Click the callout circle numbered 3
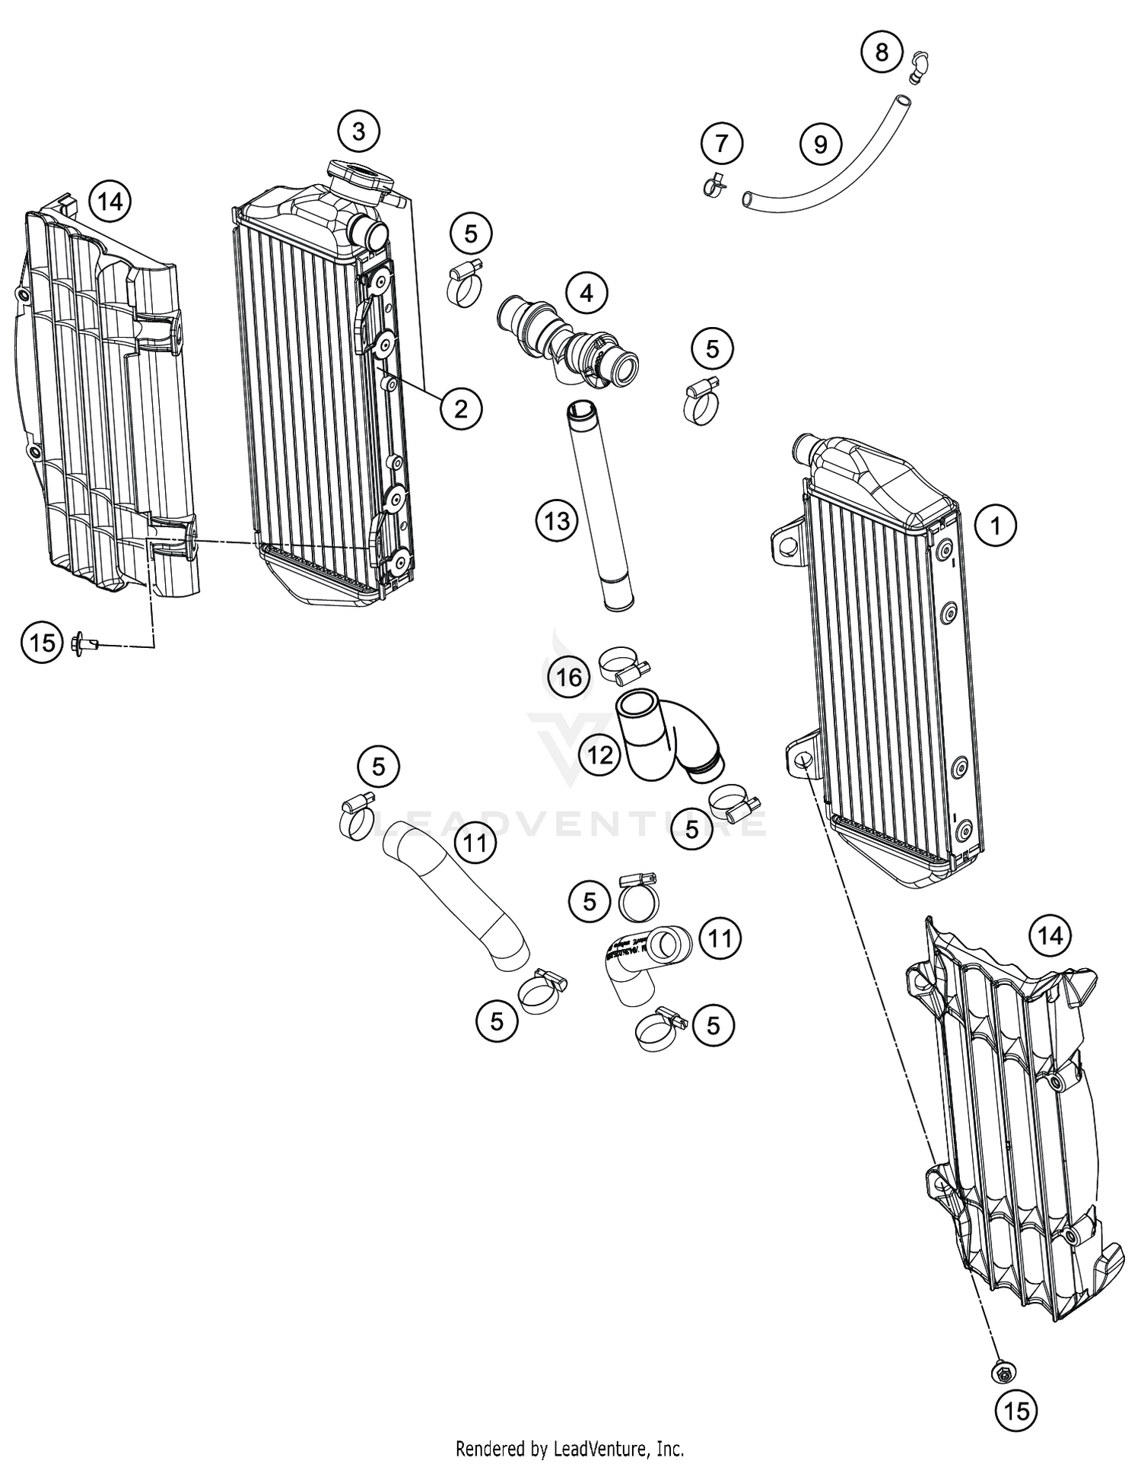(x=358, y=132)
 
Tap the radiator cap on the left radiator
(x=361, y=177)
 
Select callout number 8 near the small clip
(x=881, y=52)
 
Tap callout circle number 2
(x=461, y=408)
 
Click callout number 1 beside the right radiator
(x=995, y=525)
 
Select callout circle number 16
(x=569, y=677)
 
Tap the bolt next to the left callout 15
(x=84, y=644)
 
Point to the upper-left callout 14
(x=110, y=202)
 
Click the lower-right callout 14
(x=1050, y=935)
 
